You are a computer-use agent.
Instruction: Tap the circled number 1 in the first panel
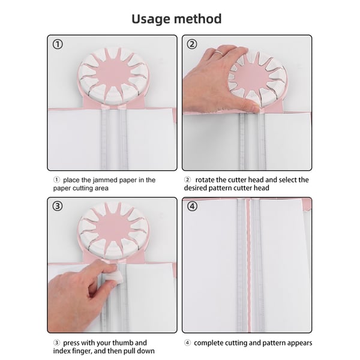(57, 44)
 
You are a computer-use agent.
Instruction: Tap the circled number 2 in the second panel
(192, 44)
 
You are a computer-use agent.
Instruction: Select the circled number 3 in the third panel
(57, 206)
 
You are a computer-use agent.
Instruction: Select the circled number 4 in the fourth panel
(192, 206)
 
